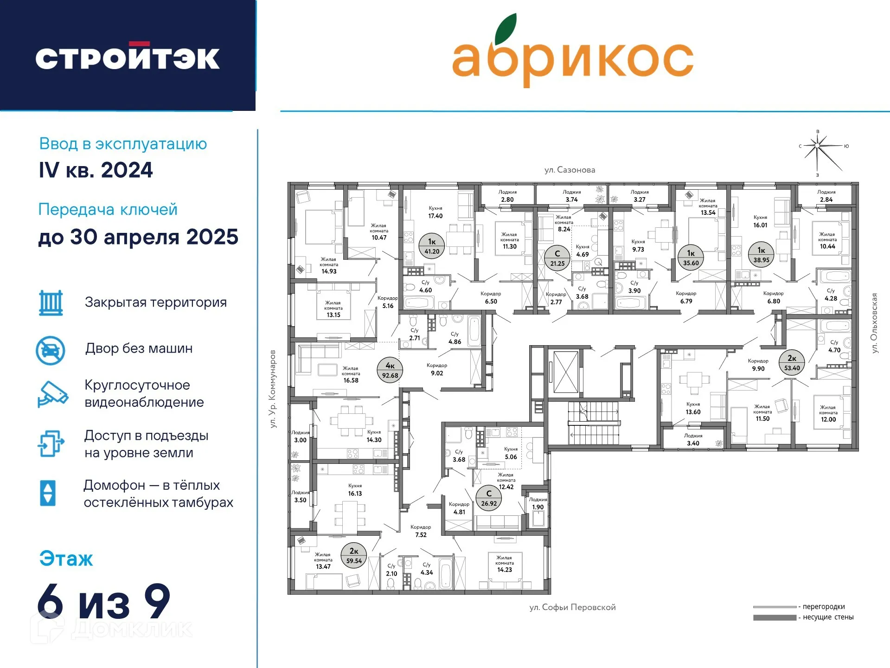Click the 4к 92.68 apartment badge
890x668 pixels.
coord(390,370)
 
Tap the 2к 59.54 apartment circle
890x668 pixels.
coord(354,556)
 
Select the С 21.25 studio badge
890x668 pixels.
coord(557,258)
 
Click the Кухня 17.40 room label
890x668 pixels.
coord(435,212)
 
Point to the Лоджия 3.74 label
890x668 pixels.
coord(572,196)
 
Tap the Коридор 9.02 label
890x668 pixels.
coord(437,369)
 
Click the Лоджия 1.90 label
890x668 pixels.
coord(538,503)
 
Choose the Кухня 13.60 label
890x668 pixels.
coord(693,408)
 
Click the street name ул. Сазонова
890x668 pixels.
coord(570,170)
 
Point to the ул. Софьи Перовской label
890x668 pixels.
coord(573,607)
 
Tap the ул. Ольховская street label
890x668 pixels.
coord(874,323)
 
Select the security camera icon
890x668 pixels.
coord(53,394)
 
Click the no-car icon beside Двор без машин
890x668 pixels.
coord(51,351)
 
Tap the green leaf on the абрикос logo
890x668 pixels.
coord(506,28)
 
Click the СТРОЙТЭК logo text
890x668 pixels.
coord(128,58)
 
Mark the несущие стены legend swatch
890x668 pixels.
coord(775,617)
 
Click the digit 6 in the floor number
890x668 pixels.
coord(50,601)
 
